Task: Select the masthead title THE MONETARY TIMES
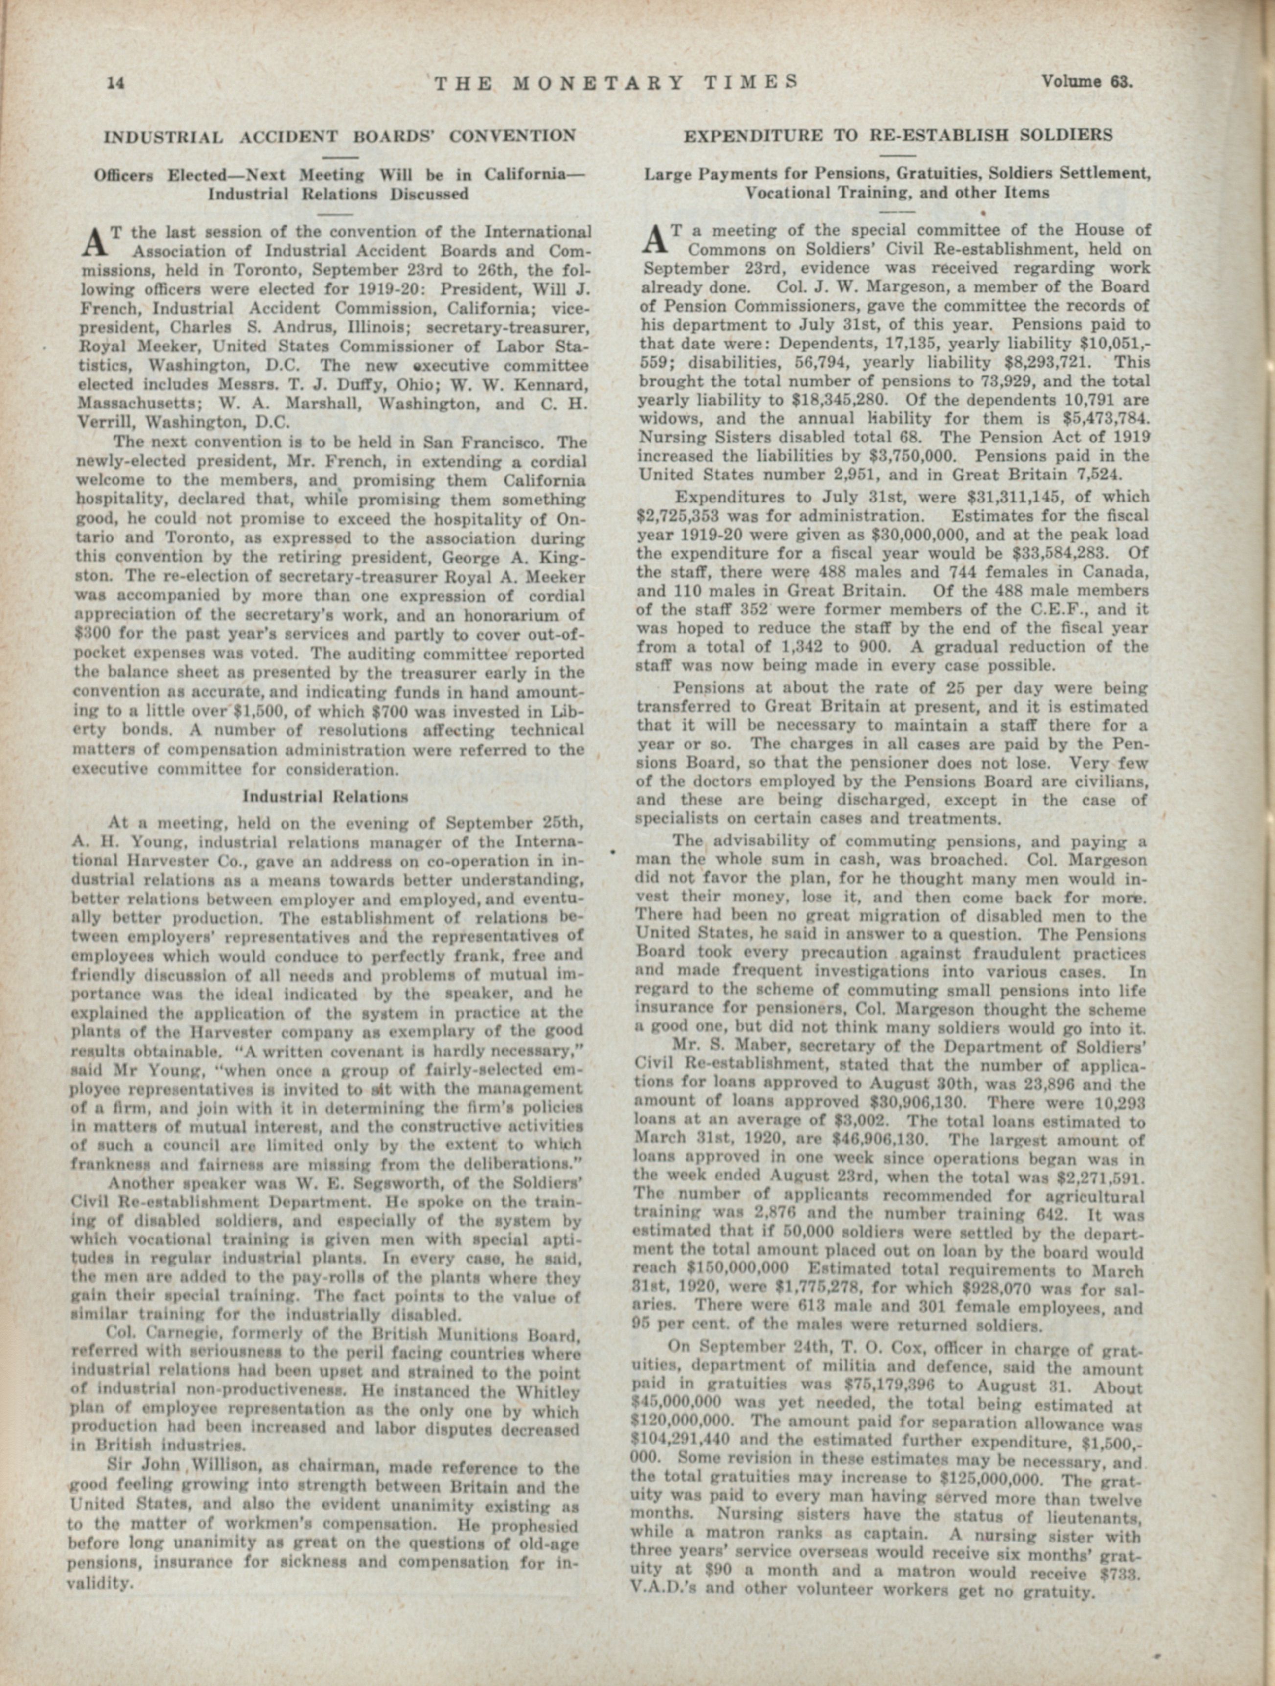tap(616, 82)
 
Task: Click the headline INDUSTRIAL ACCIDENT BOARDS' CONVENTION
tap(340, 137)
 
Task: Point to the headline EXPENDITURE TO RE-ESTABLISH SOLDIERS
tap(898, 136)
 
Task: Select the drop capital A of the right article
tap(656, 239)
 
